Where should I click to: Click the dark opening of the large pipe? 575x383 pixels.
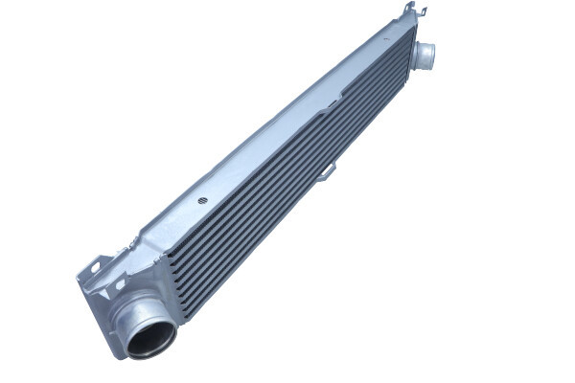coord(152,338)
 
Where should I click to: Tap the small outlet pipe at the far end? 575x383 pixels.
coord(425,55)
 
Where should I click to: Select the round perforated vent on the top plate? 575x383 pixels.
coord(202,201)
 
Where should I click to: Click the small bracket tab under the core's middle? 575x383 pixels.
coord(329,170)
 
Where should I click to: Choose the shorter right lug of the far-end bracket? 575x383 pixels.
coord(422,11)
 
